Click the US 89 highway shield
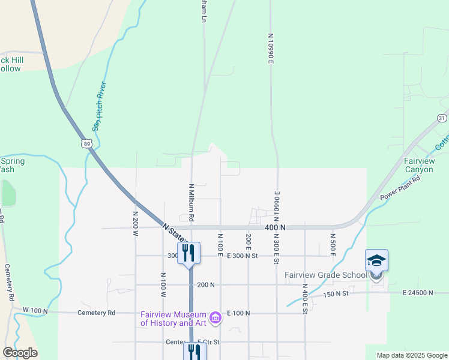pyautogui.click(x=88, y=143)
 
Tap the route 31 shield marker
pyautogui.click(x=442, y=118)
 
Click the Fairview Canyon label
pyautogui.click(x=418, y=165)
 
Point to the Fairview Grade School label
pyautogui.click(x=325, y=275)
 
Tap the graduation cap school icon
pyautogui.click(x=376, y=260)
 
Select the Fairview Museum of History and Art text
pyautogui.click(x=173, y=319)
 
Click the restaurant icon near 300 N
pyautogui.click(x=188, y=253)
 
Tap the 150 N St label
pyautogui.click(x=337, y=294)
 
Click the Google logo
pyautogui.click(x=20, y=353)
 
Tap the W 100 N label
pyautogui.click(x=34, y=310)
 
